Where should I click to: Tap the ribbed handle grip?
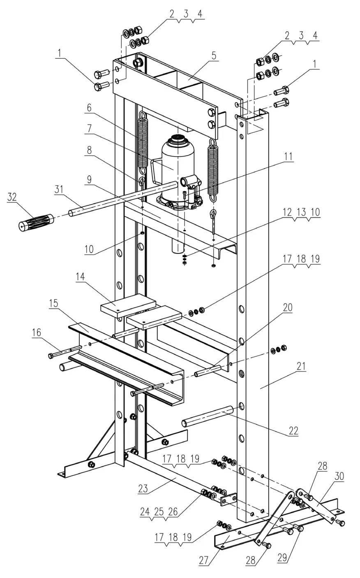pyautogui.click(x=36, y=222)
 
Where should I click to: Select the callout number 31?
pyautogui.click(x=60, y=190)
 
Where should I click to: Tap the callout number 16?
pyautogui.click(x=37, y=332)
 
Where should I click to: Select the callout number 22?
pyautogui.click(x=293, y=431)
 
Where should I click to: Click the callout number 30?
pyautogui.click(x=339, y=477)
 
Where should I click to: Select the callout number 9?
pyautogui.click(x=90, y=179)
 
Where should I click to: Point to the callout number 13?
pyautogui.click(x=301, y=212)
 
